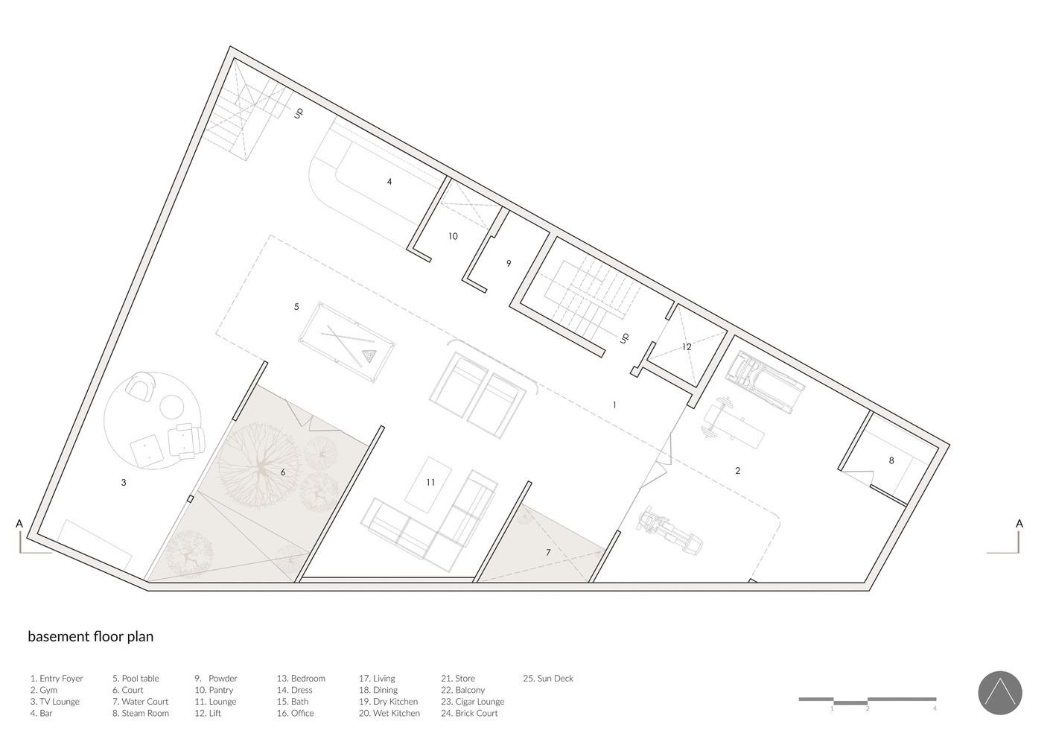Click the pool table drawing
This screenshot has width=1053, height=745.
[x=346, y=342]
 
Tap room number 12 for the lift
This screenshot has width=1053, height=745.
[x=687, y=347]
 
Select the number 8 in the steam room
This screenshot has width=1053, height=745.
[x=891, y=460]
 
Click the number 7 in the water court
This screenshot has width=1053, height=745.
[x=548, y=553]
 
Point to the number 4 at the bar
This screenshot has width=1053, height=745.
[x=389, y=182]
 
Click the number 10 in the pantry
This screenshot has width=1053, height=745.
[x=453, y=236]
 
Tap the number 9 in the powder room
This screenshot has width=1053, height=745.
[x=509, y=264]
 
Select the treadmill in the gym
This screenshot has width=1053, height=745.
[x=765, y=382]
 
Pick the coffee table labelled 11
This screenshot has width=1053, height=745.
[x=428, y=485]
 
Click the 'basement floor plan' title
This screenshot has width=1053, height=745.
[x=91, y=636]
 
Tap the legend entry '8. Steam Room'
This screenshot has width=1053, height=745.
[x=141, y=713]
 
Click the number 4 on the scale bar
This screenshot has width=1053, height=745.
[x=935, y=708]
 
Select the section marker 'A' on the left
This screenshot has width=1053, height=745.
[x=19, y=524]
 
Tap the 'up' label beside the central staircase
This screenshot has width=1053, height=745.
[x=624, y=338]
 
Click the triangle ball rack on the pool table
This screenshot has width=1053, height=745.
[x=369, y=355]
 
